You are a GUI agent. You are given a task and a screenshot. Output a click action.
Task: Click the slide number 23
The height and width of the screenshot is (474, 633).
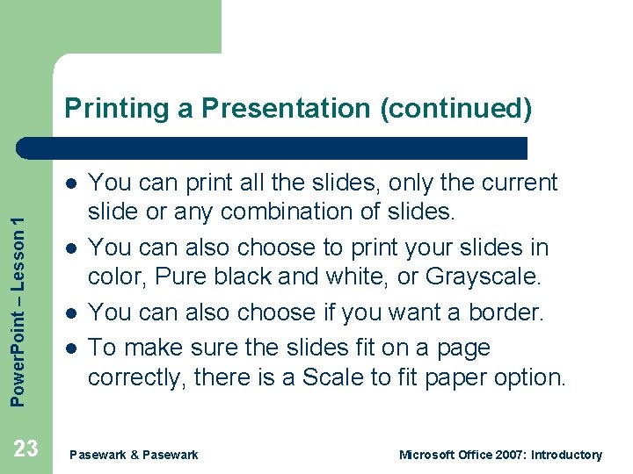tap(26, 449)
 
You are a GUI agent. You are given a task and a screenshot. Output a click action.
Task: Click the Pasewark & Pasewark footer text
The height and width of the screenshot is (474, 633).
tap(134, 455)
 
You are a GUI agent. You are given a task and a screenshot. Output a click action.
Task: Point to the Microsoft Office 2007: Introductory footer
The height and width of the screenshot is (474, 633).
tap(500, 455)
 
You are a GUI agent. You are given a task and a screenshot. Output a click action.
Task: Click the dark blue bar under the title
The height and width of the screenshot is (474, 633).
tap(273, 147)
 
